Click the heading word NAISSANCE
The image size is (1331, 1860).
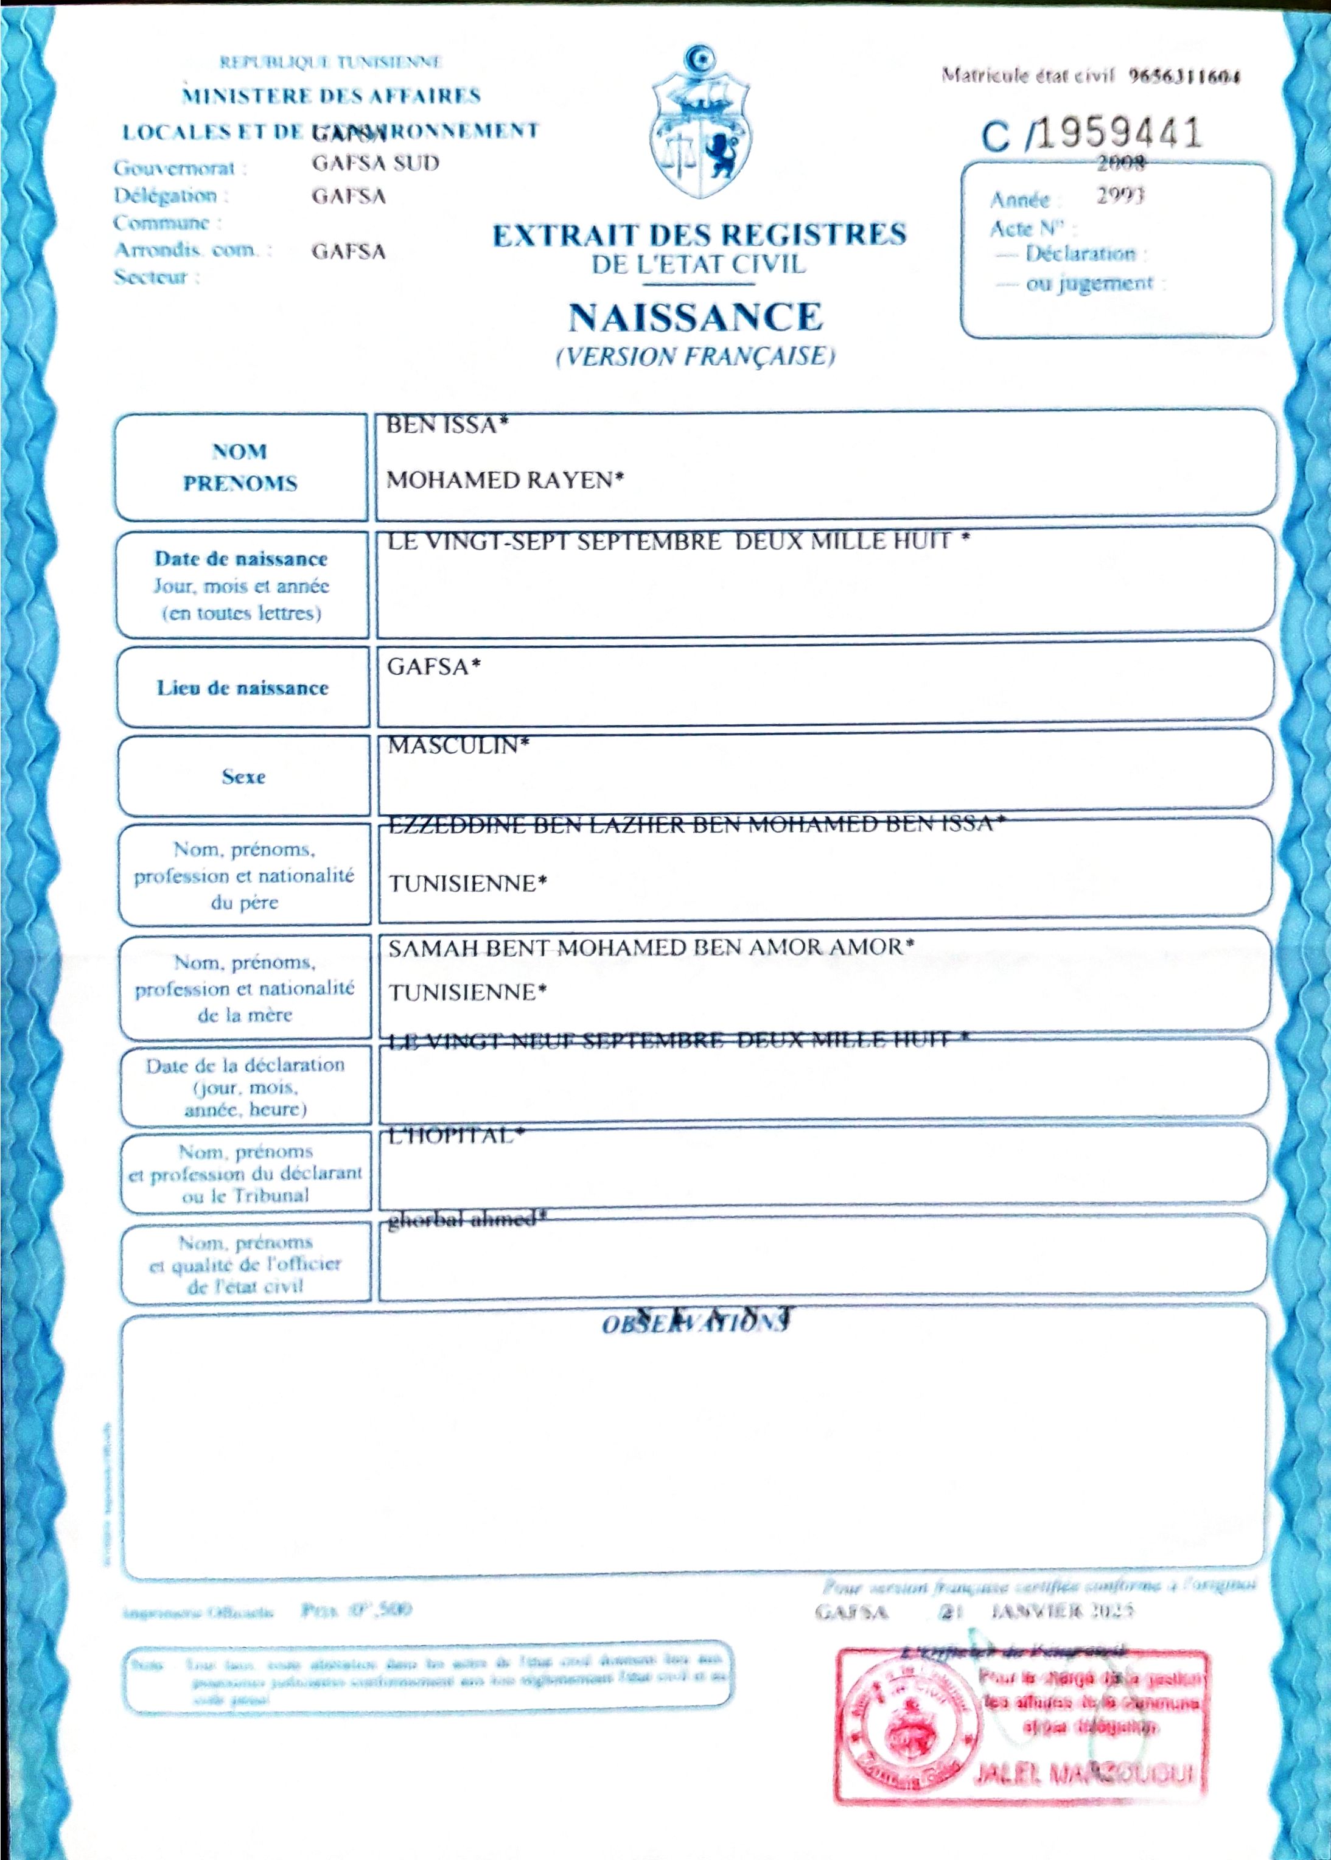695,317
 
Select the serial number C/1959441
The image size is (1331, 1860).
1092,134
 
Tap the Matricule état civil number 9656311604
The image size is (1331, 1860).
1184,76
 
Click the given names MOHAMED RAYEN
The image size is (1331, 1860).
504,480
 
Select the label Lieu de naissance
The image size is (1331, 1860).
243,688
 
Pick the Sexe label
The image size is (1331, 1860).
243,776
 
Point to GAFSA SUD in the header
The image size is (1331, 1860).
376,163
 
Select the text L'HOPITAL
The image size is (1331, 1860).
455,1135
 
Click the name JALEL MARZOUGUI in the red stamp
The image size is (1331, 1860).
1083,1774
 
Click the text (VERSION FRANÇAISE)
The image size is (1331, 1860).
695,357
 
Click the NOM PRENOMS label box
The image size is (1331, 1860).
240,466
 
